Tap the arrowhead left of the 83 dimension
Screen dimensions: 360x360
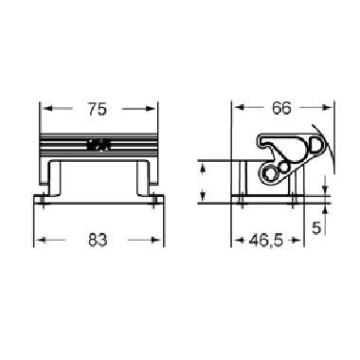[x=40, y=239]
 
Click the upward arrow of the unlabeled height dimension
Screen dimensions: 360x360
[x=201, y=167]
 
